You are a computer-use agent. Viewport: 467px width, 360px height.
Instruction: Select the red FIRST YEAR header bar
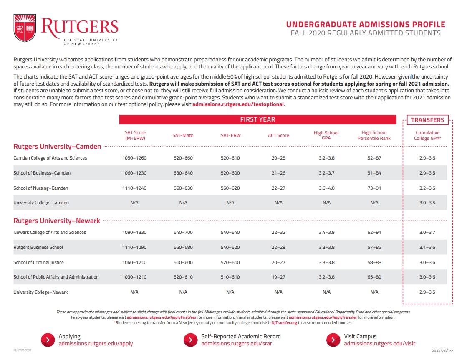point(257,119)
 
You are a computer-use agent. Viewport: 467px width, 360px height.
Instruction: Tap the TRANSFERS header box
point(427,120)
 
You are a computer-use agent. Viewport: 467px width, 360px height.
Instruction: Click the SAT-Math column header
point(183,135)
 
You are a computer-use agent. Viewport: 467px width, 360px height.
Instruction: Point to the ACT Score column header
point(278,135)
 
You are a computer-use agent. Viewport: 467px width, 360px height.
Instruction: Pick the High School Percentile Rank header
point(374,135)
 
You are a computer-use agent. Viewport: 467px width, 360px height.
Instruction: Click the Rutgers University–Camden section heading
point(57,147)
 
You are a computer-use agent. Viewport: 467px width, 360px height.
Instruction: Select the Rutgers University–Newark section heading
point(57,221)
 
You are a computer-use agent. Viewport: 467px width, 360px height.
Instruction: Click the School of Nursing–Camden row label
point(40,188)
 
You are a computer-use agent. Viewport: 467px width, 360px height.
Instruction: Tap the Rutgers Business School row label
point(38,247)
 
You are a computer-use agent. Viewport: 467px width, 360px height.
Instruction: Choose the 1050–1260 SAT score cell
point(134,158)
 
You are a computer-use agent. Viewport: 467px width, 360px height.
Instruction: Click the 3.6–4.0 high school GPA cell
point(326,188)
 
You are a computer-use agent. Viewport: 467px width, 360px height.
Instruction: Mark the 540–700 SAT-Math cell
point(183,233)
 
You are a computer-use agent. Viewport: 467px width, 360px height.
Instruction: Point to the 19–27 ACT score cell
point(278,277)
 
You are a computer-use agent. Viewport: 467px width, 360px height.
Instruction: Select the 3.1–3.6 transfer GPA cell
point(427,247)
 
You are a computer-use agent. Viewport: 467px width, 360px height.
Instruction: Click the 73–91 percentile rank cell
point(374,188)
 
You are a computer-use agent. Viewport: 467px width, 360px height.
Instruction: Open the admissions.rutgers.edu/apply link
point(96,344)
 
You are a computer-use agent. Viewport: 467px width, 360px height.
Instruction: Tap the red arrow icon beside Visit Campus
point(333,340)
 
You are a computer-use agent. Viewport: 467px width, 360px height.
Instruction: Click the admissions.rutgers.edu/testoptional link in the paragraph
point(238,104)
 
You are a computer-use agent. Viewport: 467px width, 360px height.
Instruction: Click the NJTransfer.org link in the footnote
point(284,323)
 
